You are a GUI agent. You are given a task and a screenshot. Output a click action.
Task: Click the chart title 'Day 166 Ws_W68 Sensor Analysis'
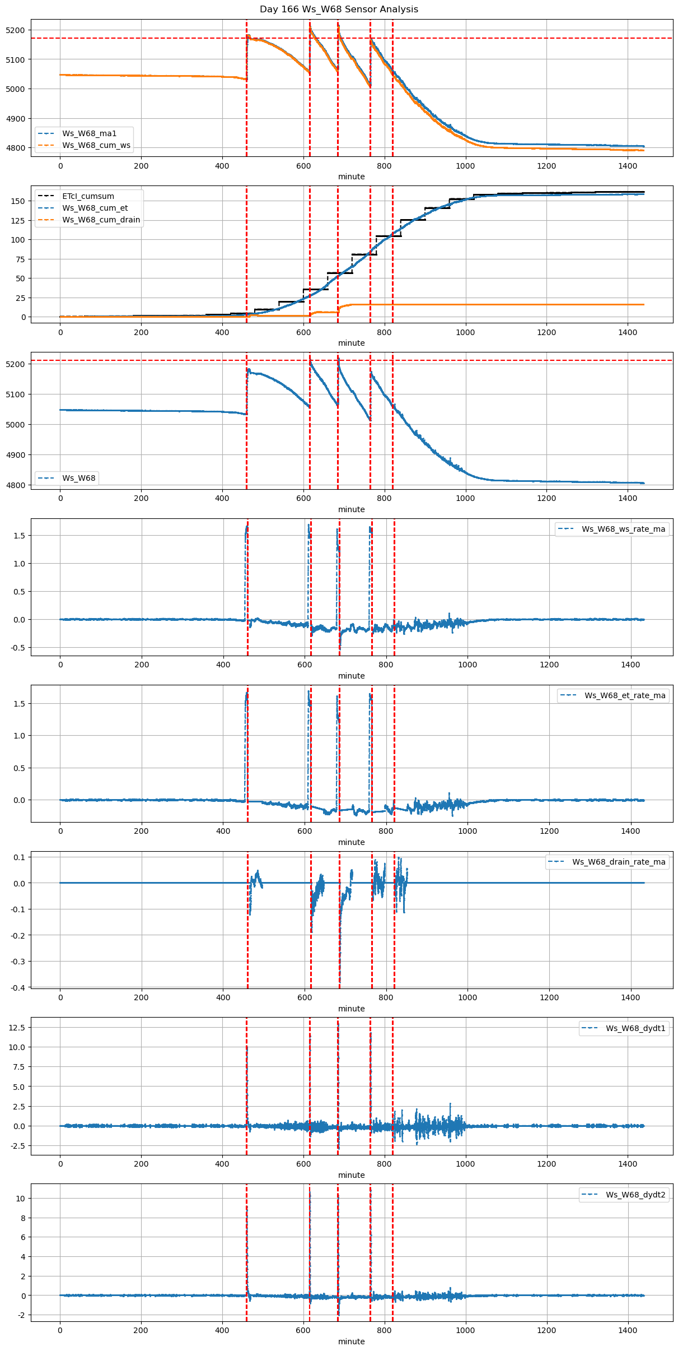click(x=339, y=10)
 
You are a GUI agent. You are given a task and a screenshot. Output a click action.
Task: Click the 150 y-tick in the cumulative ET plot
click(x=20, y=201)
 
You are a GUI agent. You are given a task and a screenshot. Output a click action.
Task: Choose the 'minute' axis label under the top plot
click(x=351, y=177)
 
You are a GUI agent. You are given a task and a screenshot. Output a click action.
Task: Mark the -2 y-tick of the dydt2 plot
click(x=21, y=1315)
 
